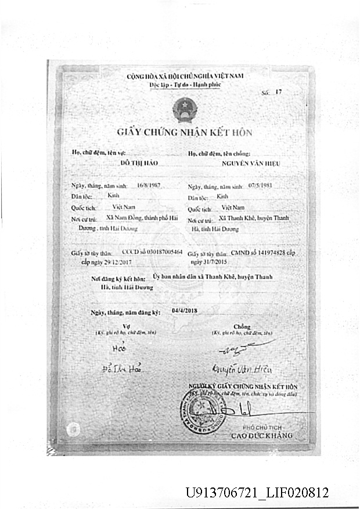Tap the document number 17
tap(278, 92)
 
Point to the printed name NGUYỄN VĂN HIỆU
tap(250, 164)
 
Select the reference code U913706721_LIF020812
tap(257, 493)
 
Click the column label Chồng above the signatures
tap(242, 327)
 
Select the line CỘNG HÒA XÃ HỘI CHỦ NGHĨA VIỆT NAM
tap(184, 77)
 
